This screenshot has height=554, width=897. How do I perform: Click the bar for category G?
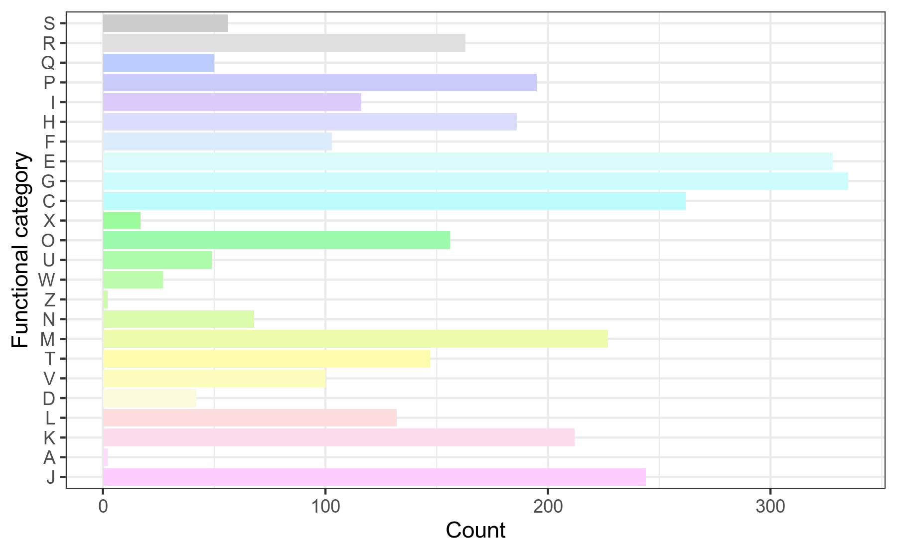pos(475,181)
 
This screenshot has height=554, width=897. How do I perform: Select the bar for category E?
pos(467,161)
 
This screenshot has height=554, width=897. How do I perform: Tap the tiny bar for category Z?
pos(105,300)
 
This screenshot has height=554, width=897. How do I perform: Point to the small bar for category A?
pos(105,457)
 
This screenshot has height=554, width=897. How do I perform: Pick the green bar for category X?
pos(122,221)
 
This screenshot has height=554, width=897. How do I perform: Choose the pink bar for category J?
pos(374,477)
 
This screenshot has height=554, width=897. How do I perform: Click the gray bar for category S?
pos(165,23)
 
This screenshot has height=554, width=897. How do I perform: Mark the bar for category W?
pos(133,280)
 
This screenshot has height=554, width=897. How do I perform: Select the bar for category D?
pos(149,399)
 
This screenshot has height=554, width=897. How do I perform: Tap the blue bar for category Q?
pos(158,63)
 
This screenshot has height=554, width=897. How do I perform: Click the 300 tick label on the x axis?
pos(770,507)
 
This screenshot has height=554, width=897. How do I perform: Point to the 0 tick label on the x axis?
pos(103,507)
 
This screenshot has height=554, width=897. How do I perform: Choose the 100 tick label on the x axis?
pos(325,507)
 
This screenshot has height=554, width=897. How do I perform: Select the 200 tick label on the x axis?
pos(548,507)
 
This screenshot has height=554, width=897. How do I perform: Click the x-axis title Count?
pos(475,531)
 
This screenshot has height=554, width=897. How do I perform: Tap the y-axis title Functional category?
pos(21,250)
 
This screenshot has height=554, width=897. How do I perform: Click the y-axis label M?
pos(47,339)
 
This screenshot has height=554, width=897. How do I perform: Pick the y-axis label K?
pos(49,438)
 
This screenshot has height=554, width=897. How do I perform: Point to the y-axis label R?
pos(49,43)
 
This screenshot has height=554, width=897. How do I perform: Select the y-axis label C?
pos(48,201)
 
